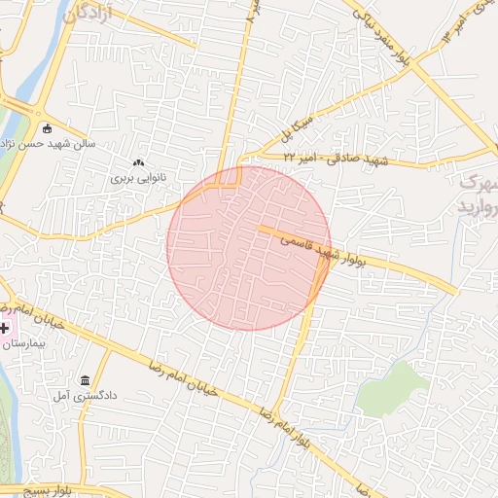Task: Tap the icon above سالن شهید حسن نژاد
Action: pos(47,127)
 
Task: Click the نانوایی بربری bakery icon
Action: pos(138,162)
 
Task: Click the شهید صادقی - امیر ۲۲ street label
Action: pos(336,157)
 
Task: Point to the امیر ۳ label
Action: pos(448,31)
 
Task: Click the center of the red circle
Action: pos(249,248)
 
